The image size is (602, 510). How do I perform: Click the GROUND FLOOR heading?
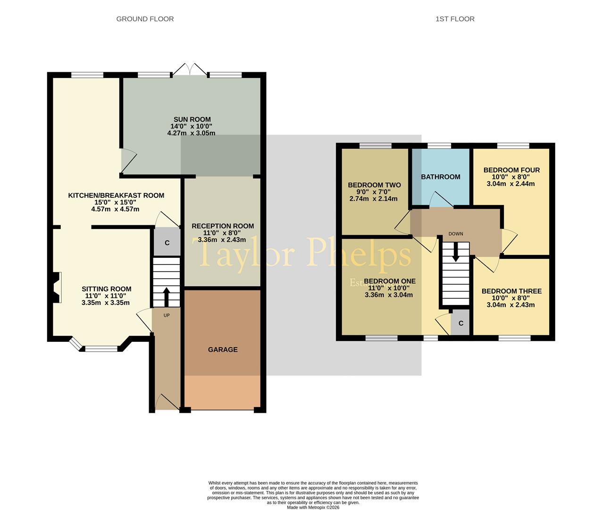click(x=145, y=19)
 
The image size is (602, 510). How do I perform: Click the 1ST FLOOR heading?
click(x=455, y=19)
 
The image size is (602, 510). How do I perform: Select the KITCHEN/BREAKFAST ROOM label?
click(x=116, y=195)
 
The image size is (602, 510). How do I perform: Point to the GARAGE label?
click(x=223, y=349)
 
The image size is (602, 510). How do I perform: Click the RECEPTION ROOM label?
click(x=223, y=226)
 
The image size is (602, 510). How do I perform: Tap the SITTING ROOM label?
click(x=106, y=289)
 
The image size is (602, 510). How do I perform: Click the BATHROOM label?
click(x=440, y=177)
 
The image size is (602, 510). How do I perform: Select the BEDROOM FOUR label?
click(x=511, y=170)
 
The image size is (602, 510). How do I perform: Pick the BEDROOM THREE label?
click(x=511, y=291)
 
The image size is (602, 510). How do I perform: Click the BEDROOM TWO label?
click(x=374, y=185)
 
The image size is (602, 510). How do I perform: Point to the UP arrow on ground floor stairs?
click(x=166, y=297)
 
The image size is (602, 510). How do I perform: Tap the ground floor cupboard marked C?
click(x=167, y=243)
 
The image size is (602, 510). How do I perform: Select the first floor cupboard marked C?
click(x=461, y=323)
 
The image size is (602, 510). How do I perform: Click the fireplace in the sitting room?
click(x=57, y=288)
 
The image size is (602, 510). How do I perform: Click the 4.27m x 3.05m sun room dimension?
click(x=191, y=133)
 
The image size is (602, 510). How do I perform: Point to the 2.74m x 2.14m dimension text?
click(x=373, y=199)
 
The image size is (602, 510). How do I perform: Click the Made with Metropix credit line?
click(x=313, y=507)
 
